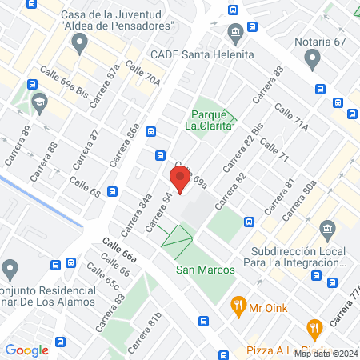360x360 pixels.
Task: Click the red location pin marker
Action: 180,178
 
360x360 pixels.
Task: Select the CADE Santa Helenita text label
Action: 202,54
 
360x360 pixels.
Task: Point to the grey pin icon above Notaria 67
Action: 313,58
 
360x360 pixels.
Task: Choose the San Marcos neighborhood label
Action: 206,270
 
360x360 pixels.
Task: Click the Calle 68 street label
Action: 85,188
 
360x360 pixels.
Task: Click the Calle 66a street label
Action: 119,250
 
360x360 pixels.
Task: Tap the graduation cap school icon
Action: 38,102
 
